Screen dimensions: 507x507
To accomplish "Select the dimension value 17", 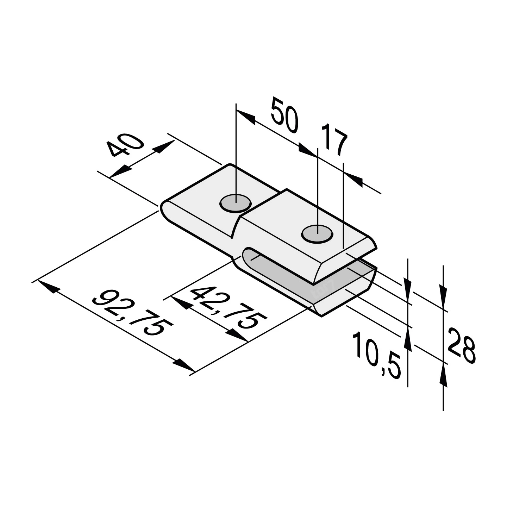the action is tap(334, 140).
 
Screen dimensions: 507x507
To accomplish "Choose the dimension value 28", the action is tap(461, 345).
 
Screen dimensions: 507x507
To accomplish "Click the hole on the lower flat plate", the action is tap(236, 204).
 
